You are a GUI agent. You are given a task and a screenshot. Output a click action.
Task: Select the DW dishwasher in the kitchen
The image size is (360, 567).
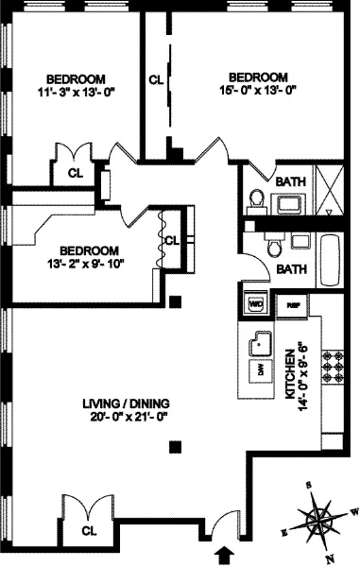[255, 369]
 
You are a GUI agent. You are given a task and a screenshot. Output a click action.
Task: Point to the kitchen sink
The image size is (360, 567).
[257, 345]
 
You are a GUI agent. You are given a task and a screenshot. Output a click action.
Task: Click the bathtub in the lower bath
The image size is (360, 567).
[332, 255]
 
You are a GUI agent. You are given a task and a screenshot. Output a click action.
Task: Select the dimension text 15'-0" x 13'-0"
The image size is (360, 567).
[258, 91]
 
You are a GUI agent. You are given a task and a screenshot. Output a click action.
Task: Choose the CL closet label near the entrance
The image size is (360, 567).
[89, 531]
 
